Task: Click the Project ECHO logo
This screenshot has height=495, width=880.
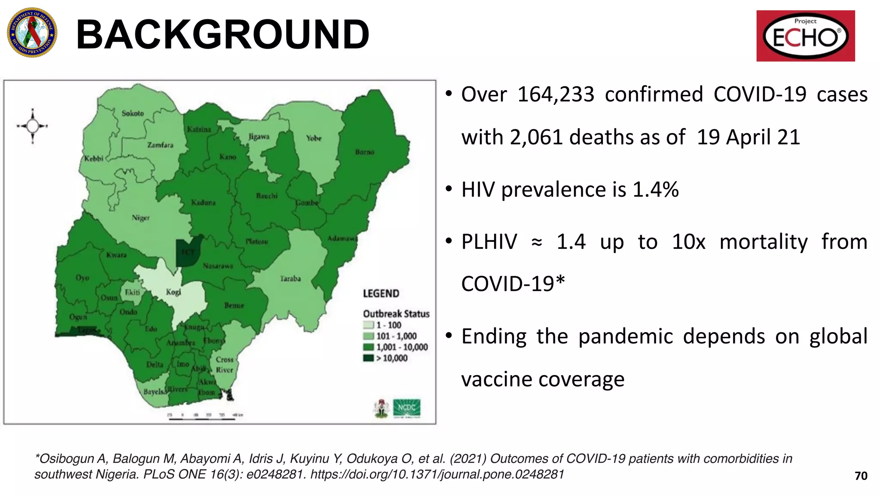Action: point(805,36)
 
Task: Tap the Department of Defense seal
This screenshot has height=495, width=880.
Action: point(32,33)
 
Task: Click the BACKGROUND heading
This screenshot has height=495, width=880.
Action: point(223,34)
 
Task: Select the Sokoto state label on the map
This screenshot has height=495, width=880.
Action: point(133,113)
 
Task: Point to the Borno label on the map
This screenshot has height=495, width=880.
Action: point(364,152)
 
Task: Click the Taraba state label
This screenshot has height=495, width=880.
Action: point(290,279)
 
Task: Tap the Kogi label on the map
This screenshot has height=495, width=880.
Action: point(174,292)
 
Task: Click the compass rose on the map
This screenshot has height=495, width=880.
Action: point(33,126)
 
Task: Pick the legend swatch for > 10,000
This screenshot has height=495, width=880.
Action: point(368,358)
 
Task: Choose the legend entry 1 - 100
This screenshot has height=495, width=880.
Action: point(388,325)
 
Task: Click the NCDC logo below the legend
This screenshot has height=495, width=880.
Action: point(406,408)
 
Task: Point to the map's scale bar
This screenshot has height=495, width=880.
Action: point(202,417)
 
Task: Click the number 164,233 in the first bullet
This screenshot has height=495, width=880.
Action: point(556,95)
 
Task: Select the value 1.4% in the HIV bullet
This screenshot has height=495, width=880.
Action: point(656,189)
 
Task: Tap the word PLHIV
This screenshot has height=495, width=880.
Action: point(489,242)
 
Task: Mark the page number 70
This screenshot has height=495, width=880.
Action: point(861,476)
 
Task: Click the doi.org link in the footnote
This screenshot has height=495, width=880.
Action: point(437,474)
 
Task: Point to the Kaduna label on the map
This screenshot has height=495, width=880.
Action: point(203,202)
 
